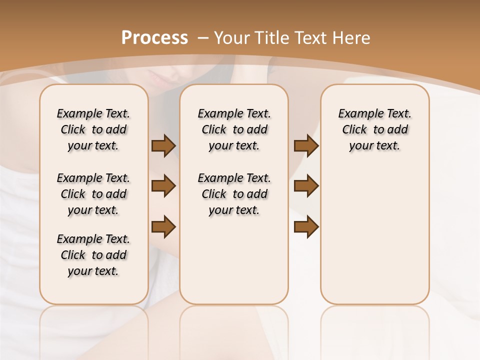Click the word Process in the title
(154, 37)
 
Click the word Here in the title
(351, 38)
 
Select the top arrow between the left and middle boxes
(163, 145)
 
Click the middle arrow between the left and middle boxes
(163, 186)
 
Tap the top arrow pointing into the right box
(306, 145)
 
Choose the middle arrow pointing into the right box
(306, 186)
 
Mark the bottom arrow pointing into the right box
(306, 226)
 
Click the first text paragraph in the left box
(93, 129)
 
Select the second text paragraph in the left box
(93, 194)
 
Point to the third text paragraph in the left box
(93, 255)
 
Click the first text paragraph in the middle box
(234, 129)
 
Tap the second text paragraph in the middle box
(234, 194)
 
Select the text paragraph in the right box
(374, 129)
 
